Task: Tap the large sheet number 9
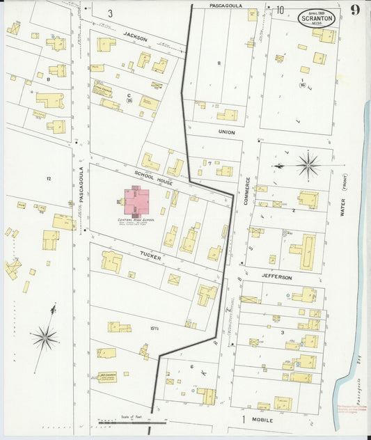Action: pyautogui.click(x=355, y=10)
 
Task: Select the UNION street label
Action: pyautogui.click(x=226, y=132)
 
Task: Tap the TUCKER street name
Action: pyautogui.click(x=150, y=257)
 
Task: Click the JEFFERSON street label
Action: pyautogui.click(x=278, y=277)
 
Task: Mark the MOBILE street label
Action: pyautogui.click(x=262, y=421)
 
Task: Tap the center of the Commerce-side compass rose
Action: pyautogui.click(x=308, y=165)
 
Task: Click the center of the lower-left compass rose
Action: pyautogui.click(x=45, y=338)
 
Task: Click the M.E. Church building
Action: pyautogui.click(x=107, y=377)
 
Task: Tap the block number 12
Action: pyautogui.click(x=49, y=179)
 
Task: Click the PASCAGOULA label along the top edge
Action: pyautogui.click(x=226, y=5)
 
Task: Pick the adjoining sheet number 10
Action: pyautogui.click(x=279, y=10)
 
